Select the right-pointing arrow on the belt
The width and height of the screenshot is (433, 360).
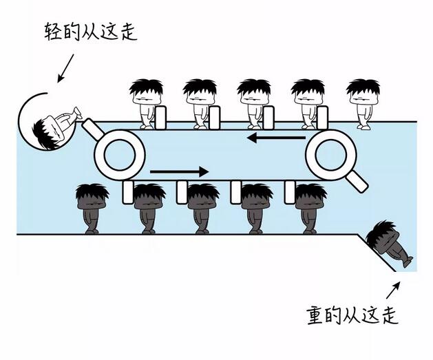coord(178,171)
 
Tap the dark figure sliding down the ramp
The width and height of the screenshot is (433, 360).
coord(390,244)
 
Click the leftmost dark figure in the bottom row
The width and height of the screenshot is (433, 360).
coord(92,207)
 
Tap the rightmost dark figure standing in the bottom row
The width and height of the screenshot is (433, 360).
coord(310,207)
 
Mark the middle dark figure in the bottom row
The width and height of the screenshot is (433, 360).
coord(202,207)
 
